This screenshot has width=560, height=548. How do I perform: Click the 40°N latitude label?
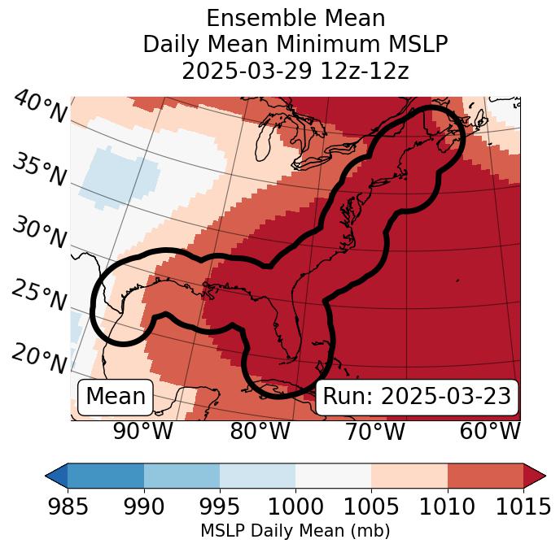[39, 108]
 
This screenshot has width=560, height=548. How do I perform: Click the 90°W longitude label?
[142, 431]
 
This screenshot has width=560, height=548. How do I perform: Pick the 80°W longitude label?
[260, 431]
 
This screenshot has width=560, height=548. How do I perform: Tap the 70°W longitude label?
[375, 431]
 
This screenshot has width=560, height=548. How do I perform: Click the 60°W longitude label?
[490, 431]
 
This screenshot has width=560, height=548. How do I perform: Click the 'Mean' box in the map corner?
[116, 397]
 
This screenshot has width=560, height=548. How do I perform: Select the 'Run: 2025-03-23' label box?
[417, 397]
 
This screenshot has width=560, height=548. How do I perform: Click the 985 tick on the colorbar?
[68, 507]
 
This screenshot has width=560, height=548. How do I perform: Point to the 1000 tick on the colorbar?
[295, 507]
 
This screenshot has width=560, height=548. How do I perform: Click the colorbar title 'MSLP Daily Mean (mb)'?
[295, 531]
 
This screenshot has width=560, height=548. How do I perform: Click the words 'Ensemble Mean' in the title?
[295, 18]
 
